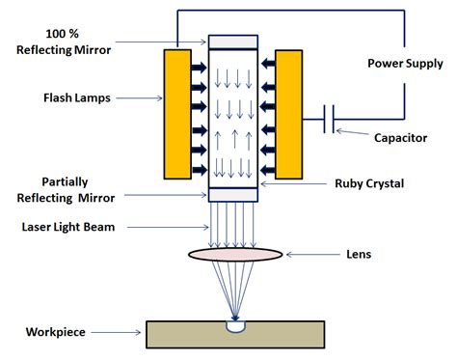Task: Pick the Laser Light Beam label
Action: (x=71, y=228)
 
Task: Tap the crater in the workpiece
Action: (x=234, y=325)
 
